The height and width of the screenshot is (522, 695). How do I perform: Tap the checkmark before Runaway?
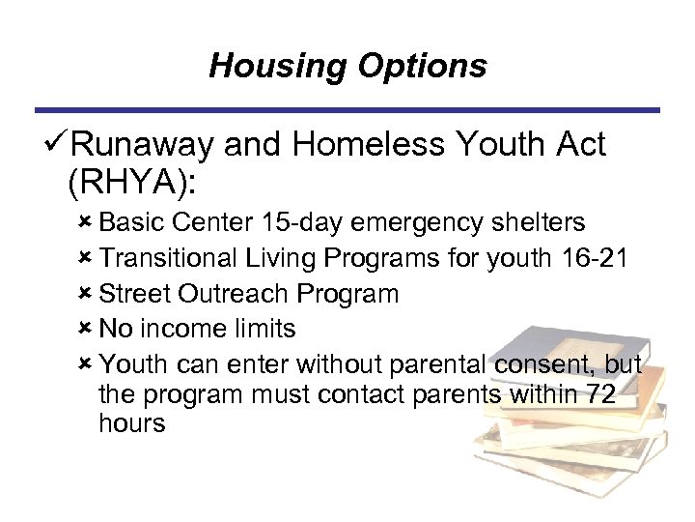click(56, 145)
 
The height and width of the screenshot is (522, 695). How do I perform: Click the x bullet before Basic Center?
click(85, 222)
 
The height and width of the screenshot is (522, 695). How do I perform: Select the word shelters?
click(538, 223)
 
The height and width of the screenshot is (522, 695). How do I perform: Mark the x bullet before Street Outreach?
click(85, 293)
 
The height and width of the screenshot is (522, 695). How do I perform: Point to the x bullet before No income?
click(85, 328)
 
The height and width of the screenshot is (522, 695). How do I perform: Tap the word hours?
click(132, 423)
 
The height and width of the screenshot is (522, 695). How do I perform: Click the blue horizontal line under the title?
click(347, 109)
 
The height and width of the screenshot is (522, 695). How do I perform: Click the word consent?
click(545, 364)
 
